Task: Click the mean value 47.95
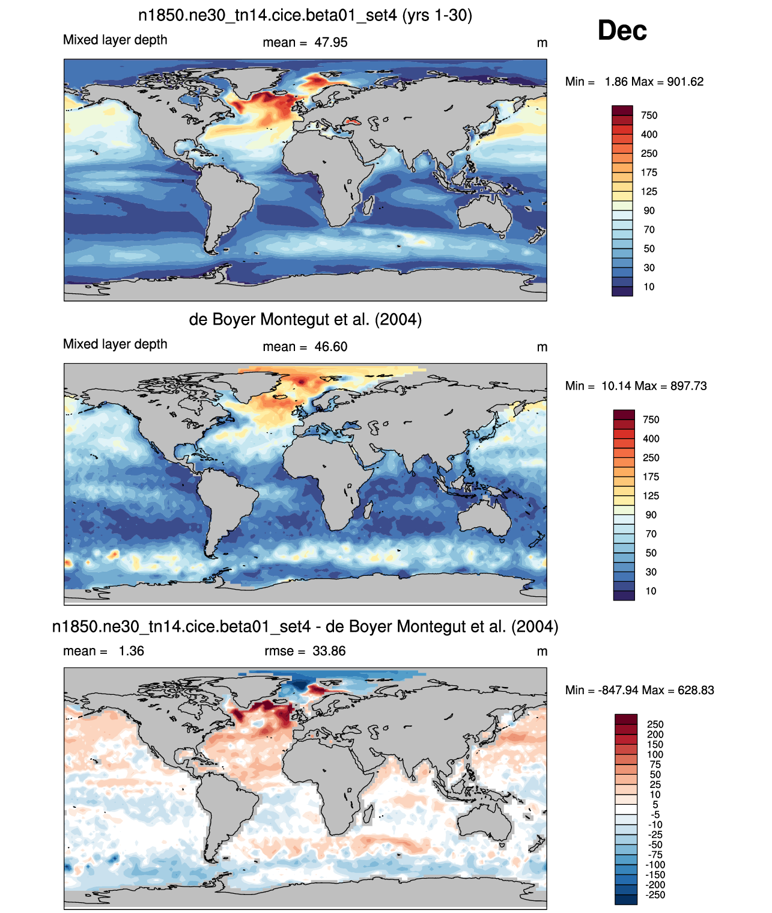(330, 43)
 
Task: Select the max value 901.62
(685, 82)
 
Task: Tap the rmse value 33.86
(329, 651)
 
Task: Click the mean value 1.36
(131, 651)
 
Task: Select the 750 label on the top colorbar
(649, 115)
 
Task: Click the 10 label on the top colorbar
(649, 287)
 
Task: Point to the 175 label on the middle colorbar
(651, 477)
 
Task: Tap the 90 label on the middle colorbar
(651, 515)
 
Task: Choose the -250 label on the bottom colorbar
(655, 895)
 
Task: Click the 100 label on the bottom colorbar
(655, 755)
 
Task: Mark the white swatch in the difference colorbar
(625, 809)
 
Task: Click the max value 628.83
(696, 691)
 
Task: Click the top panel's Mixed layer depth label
(115, 40)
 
